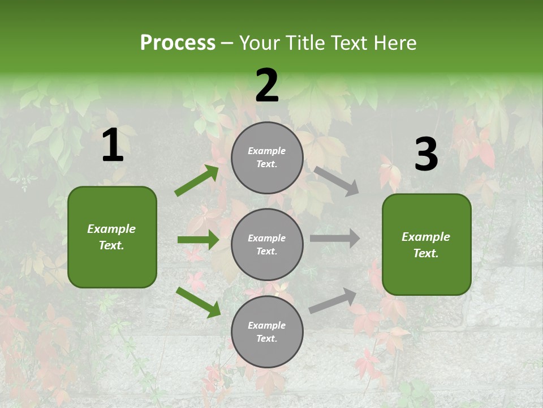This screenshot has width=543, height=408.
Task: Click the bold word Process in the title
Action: click(x=178, y=42)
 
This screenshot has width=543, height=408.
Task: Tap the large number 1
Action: click(x=113, y=146)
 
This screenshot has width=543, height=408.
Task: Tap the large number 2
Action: click(x=267, y=86)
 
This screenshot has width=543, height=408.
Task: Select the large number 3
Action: click(x=426, y=154)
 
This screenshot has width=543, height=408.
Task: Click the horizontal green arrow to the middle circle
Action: click(x=198, y=240)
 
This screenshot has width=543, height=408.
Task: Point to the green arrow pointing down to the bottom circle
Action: click(x=198, y=302)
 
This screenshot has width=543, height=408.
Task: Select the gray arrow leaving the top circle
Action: click(x=336, y=181)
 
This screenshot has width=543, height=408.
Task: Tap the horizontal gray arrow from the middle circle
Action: click(x=334, y=239)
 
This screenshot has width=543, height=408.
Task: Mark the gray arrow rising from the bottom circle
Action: click(x=333, y=300)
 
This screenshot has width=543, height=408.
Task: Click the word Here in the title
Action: click(x=393, y=42)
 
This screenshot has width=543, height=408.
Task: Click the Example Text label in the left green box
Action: click(x=111, y=237)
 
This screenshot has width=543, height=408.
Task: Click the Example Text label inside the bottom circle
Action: click(x=266, y=331)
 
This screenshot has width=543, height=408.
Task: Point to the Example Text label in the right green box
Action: click(x=426, y=245)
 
